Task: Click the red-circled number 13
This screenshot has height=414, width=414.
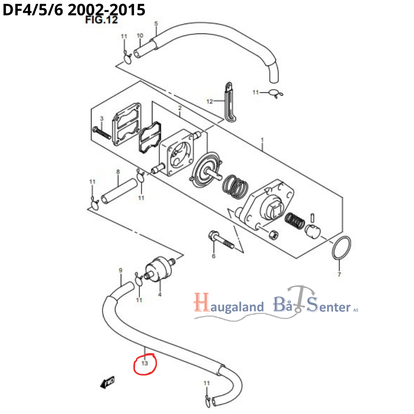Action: [x=144, y=363]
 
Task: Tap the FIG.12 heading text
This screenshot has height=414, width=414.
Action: [x=101, y=19]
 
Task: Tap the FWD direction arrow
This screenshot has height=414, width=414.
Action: [x=107, y=383]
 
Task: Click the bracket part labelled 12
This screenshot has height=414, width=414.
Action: [x=230, y=101]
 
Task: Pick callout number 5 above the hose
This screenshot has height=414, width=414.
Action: [x=156, y=24]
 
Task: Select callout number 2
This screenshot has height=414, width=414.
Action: [x=180, y=108]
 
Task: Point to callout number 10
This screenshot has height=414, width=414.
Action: [x=140, y=36]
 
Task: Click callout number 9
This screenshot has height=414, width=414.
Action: [x=120, y=270]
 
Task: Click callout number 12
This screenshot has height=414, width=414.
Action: [x=209, y=101]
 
